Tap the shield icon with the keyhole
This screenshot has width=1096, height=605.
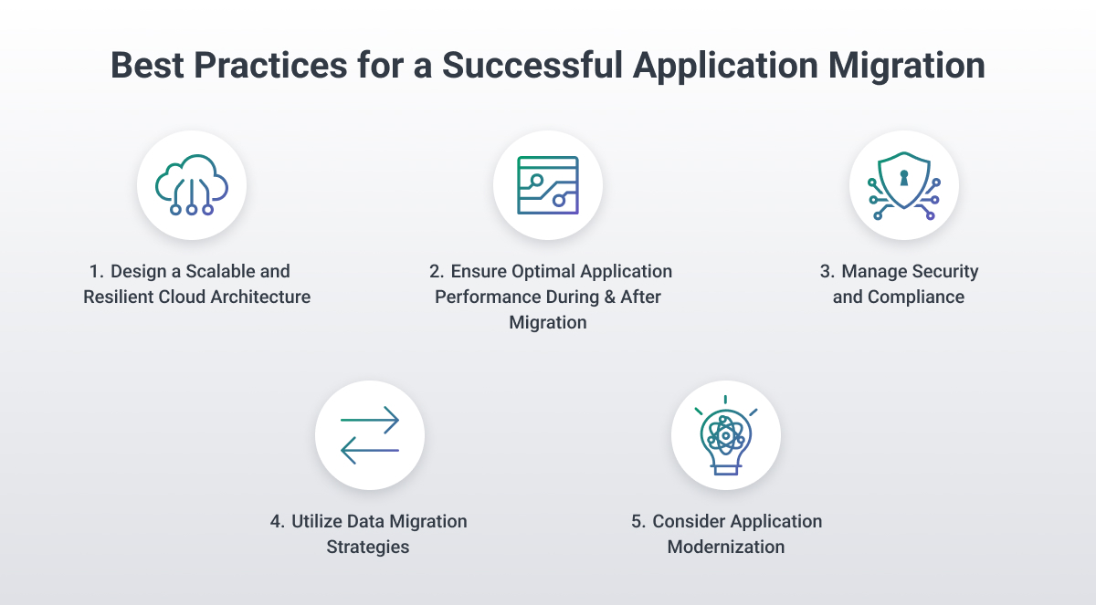click(903, 183)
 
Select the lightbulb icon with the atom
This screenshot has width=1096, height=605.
click(725, 436)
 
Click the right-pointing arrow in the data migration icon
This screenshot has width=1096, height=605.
click(370, 420)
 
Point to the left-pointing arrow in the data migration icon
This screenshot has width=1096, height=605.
click(370, 450)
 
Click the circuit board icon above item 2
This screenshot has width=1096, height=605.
click(548, 185)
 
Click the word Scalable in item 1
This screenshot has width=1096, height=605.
click(223, 271)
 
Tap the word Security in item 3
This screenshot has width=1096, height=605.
click(943, 271)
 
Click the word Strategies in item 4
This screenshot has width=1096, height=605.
click(368, 547)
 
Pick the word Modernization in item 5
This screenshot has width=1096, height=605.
click(726, 547)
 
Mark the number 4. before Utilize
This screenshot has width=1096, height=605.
click(278, 521)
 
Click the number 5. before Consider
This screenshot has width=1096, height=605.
click(638, 521)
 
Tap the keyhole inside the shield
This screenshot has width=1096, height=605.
click(903, 177)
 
